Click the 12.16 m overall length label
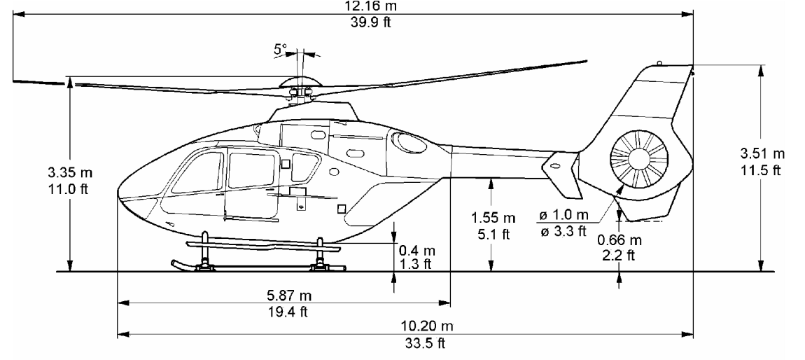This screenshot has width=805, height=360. click(372, 6)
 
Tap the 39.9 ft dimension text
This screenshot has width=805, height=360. click(371, 22)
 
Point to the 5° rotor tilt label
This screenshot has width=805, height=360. click(280, 49)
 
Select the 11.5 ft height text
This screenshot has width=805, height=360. click(762, 170)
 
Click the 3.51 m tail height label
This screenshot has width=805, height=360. click(762, 153)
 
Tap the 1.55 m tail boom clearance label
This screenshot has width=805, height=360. click(493, 217)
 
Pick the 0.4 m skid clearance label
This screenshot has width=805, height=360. click(416, 251)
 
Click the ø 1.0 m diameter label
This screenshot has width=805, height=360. click(564, 214)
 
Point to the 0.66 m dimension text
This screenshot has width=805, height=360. click(619, 240)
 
